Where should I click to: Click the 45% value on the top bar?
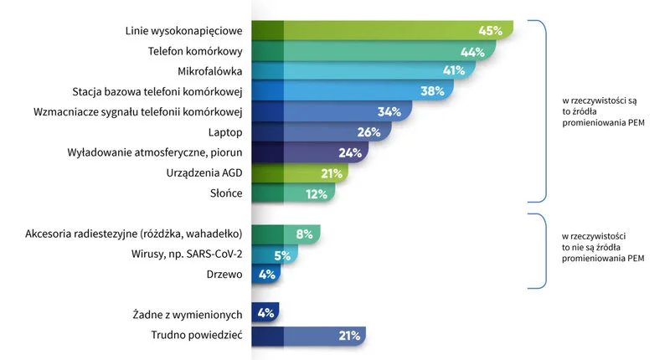pyautogui.click(x=490, y=31)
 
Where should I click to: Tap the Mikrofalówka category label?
pyautogui.click(x=210, y=71)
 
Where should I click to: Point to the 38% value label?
pyautogui.click(x=432, y=91)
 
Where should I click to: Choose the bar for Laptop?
pyautogui.click(x=318, y=132)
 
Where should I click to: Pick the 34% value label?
pyautogui.click(x=390, y=111)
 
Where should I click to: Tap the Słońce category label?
pyautogui.click(x=226, y=193)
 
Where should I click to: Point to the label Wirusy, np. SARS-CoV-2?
pyautogui.click(x=187, y=255)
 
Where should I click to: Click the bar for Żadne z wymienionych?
pyautogui.click(x=265, y=315)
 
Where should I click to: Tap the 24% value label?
pyautogui.click(x=349, y=152)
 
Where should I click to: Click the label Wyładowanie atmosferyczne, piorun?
pyautogui.click(x=155, y=152)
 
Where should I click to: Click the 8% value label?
pyautogui.click(x=304, y=234)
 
